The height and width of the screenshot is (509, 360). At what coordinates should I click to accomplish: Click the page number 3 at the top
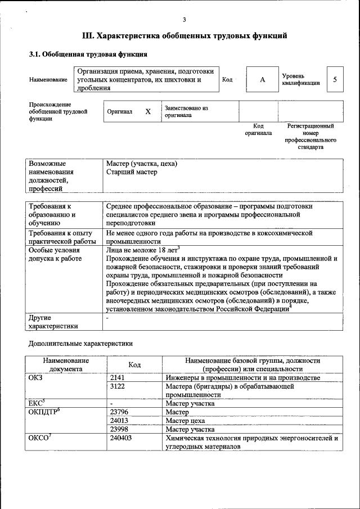click(184, 20)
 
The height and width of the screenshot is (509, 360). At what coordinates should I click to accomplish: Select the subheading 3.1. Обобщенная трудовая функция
click(88, 55)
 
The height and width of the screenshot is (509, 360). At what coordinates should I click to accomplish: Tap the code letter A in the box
click(262, 80)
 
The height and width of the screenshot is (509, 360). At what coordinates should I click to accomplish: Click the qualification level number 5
click(335, 79)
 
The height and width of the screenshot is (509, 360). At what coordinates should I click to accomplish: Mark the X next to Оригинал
click(148, 111)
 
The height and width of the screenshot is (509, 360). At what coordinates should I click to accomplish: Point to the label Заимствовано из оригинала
click(186, 111)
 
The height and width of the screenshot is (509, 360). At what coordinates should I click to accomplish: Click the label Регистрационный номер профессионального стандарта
click(310, 137)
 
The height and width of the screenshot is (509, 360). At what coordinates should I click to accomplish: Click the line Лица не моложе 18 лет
click(142, 250)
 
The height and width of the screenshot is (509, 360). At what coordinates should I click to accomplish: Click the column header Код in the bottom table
click(134, 364)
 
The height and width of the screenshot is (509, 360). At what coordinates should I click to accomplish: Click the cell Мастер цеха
click(185, 420)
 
